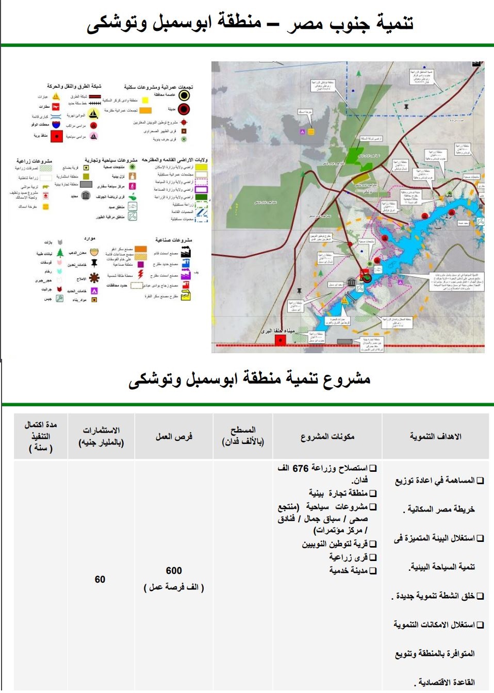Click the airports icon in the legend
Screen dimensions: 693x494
click(x=56, y=107)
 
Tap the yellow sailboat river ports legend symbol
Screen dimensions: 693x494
click(x=93, y=114)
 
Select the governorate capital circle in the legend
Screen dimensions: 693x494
click(x=184, y=95)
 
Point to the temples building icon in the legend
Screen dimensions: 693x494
click(x=86, y=195)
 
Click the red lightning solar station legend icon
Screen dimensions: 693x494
click(x=140, y=274)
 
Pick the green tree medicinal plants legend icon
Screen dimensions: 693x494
click(x=60, y=253)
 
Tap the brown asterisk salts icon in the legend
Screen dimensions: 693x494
click(x=94, y=278)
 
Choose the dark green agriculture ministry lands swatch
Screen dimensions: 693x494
click(x=201, y=197)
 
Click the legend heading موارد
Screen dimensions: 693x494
click(x=90, y=239)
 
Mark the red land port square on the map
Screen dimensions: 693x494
click(x=280, y=340)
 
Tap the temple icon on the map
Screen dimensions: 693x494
click(x=352, y=282)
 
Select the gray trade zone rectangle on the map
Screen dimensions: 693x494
click(x=344, y=341)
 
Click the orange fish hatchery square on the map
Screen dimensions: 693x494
click(x=311, y=132)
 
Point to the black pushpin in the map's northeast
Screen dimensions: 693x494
click(x=406, y=107)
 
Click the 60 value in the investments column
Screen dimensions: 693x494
click(x=100, y=580)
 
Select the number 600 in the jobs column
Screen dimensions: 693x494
click(x=174, y=571)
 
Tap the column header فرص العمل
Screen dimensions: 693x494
click(x=174, y=437)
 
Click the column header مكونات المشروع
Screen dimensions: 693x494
click(x=327, y=437)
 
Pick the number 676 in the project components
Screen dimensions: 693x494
click(x=301, y=468)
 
